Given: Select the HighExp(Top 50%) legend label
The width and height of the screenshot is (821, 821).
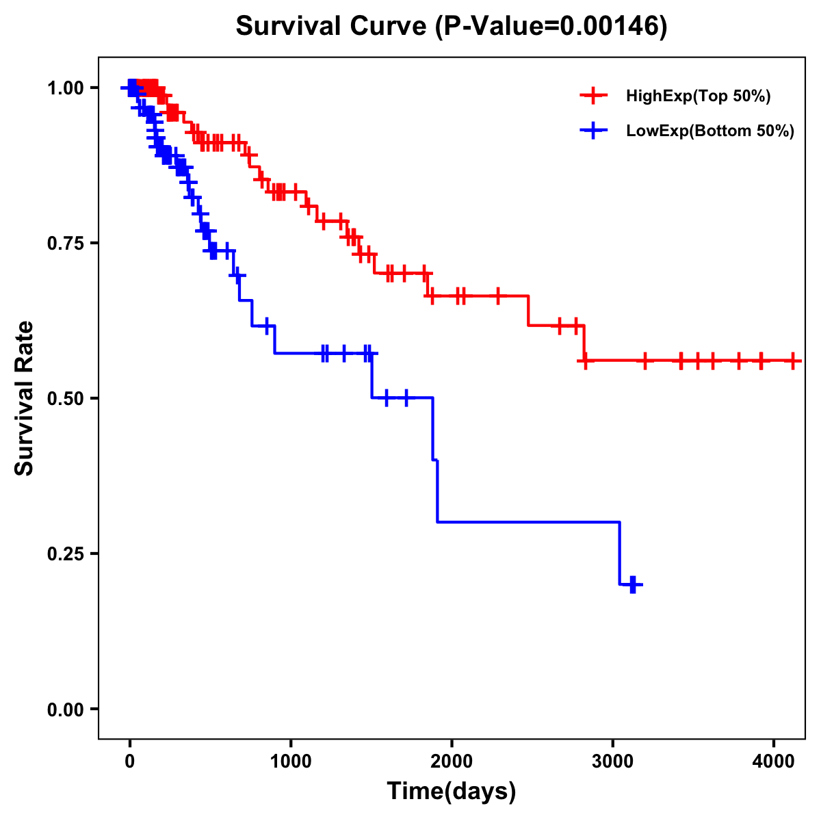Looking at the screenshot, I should [698, 96].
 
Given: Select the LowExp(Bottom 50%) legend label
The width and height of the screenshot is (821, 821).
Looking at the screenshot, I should [710, 131].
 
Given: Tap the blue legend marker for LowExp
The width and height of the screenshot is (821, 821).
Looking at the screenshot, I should [593, 131].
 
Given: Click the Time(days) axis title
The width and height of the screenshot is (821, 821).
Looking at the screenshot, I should [452, 792].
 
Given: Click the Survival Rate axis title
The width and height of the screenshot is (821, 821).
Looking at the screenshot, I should [25, 398].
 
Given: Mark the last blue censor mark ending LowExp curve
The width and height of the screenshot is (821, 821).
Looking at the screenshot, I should [633, 584].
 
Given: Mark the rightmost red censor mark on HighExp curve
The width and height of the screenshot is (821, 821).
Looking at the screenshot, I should [793, 361].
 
